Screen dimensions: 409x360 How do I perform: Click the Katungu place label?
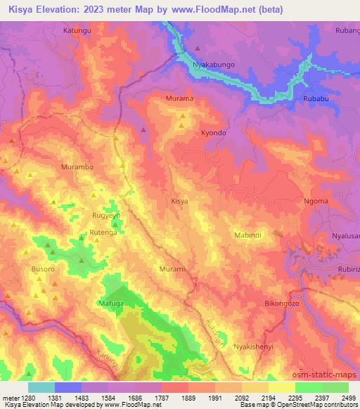(78, 31)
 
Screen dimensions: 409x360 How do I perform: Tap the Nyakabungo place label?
(214, 65)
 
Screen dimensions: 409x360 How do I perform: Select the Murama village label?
(179, 99)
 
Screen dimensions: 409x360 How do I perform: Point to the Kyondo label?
(214, 132)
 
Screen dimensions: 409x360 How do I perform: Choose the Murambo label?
(77, 167)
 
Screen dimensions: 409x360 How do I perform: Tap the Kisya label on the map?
(180, 201)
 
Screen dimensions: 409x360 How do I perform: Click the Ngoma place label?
(316, 201)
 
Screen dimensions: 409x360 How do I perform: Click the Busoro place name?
(43, 269)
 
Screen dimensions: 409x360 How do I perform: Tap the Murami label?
(173, 269)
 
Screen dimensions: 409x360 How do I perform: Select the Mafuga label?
(111, 304)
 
